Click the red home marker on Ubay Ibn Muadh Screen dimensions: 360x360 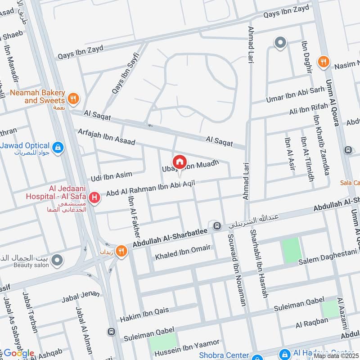click(x=180, y=162)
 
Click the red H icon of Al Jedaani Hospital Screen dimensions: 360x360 click(x=94, y=198)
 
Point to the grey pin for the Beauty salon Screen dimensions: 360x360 click(x=57, y=260)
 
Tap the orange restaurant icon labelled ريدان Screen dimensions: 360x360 click(x=121, y=251)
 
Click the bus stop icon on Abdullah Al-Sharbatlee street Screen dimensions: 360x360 click(x=217, y=226)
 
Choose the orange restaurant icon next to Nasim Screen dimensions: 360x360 click(x=323, y=62)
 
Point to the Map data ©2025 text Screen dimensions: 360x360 click(x=336, y=355)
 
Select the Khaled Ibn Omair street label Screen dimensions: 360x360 click(x=183, y=252)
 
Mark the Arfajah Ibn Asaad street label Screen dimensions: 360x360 click(x=106, y=136)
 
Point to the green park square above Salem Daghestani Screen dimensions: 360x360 click(x=290, y=251)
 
